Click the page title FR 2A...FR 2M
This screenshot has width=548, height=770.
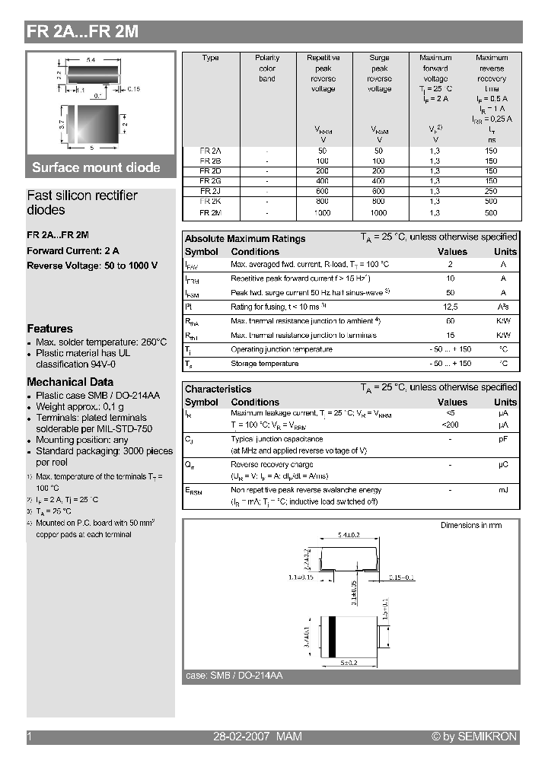pyautogui.click(x=82, y=32)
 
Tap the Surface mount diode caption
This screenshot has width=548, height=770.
pyautogui.click(x=96, y=167)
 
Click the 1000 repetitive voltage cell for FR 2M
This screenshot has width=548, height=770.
pyautogui.click(x=323, y=213)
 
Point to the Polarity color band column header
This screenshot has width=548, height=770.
pyautogui.click(x=267, y=68)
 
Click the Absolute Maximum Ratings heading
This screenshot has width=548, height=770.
pyautogui.click(x=245, y=239)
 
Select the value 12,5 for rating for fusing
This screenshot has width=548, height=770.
pyautogui.click(x=451, y=307)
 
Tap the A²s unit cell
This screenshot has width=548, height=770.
pyautogui.click(x=503, y=307)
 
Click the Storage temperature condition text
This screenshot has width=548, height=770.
pyautogui.click(x=264, y=364)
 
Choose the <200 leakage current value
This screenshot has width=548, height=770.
pyautogui.click(x=451, y=425)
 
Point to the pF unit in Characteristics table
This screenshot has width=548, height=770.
pyautogui.click(x=503, y=439)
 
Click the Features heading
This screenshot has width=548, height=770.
pyautogui.click(x=49, y=329)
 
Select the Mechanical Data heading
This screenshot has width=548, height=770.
pyautogui.click(x=70, y=382)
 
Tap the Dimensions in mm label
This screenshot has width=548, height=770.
pyautogui.click(x=471, y=526)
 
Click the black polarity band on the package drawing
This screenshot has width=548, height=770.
pyautogui.click(x=332, y=635)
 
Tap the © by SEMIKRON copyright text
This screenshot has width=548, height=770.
pyautogui.click(x=473, y=737)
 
